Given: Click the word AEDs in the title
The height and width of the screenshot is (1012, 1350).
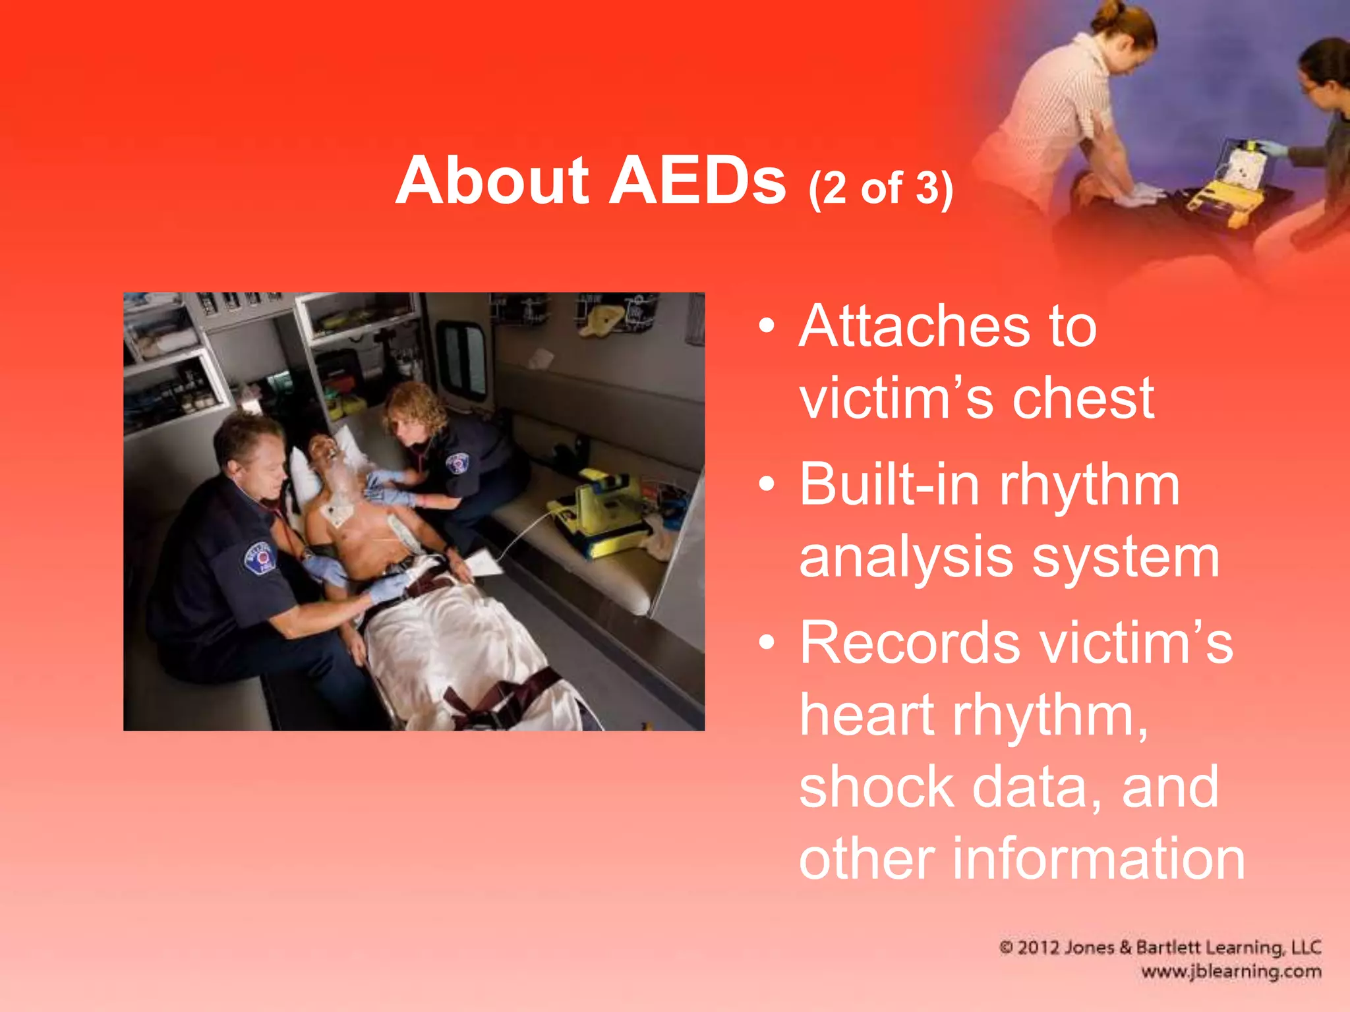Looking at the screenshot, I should point(697,181).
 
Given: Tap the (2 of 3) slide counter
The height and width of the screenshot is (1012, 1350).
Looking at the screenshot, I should point(881,189).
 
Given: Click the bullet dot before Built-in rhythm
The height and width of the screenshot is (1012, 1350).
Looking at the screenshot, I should point(766,486).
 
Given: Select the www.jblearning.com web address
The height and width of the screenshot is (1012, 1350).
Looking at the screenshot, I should point(1231,972).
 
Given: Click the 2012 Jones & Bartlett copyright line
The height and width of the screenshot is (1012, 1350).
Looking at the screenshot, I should point(1160,947).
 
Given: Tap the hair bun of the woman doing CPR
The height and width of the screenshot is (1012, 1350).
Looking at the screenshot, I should point(1123,12).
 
